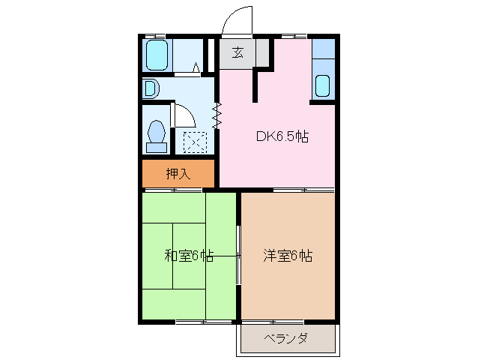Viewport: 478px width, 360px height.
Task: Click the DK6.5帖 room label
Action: (x=282, y=136)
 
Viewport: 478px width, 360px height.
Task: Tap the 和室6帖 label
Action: (x=189, y=256)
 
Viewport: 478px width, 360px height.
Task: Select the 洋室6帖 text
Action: (x=287, y=256)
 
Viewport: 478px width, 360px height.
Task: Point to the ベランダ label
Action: (x=285, y=338)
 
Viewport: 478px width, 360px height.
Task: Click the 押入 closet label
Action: (x=178, y=174)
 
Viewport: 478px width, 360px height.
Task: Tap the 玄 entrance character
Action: (x=238, y=53)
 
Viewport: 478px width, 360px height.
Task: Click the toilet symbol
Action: (x=157, y=136)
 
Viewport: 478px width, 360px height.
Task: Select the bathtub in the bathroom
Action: (x=157, y=55)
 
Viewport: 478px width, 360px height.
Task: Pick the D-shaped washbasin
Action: (x=150, y=89)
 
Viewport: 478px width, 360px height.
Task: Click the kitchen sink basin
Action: (x=322, y=85)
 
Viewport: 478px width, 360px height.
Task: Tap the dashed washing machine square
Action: (x=195, y=140)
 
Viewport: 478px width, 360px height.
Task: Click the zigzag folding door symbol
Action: (x=217, y=115)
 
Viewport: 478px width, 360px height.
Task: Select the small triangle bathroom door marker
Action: (x=196, y=68)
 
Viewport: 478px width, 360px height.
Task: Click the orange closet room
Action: (x=178, y=174)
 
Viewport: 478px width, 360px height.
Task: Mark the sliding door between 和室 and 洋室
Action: (x=238, y=256)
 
